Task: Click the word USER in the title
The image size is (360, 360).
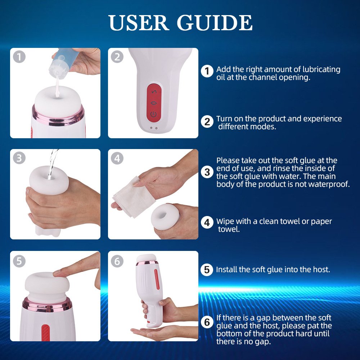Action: [139, 23]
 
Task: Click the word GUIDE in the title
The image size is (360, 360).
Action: [215, 23]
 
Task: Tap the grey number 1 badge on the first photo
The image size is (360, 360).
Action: [19, 57]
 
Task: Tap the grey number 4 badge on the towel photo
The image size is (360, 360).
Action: [117, 158]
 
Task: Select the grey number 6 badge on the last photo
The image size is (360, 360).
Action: [117, 261]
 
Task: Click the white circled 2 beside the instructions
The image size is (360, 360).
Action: [207, 122]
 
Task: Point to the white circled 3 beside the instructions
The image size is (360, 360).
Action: [207, 172]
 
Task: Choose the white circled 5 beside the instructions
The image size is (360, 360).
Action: [207, 270]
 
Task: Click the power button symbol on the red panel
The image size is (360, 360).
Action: [153, 114]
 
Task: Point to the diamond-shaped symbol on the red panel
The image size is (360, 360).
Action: [154, 103]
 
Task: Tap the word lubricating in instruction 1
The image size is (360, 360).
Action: [321, 69]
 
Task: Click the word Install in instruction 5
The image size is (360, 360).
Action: [226, 269]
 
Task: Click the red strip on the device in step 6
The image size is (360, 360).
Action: [157, 279]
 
